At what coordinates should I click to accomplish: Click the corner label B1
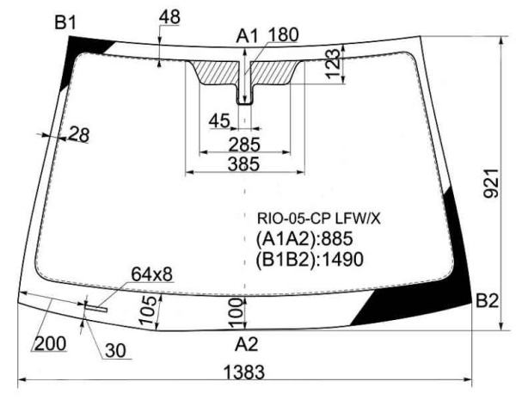coord(65,23)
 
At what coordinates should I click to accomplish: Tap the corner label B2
coord(487,300)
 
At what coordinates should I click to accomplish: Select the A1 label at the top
coord(248,36)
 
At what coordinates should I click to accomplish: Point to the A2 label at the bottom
coord(247,344)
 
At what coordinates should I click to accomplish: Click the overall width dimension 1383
coord(244,372)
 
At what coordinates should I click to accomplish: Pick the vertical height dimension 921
coord(491,183)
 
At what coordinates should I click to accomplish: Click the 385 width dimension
coord(244,164)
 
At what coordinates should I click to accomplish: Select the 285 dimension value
coord(244,145)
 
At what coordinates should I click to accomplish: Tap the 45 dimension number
coord(219,120)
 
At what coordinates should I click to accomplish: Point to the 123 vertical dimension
coord(333,64)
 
